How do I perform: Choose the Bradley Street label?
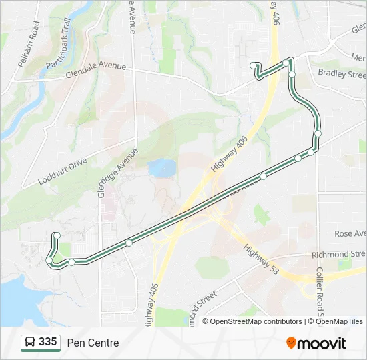(342, 73)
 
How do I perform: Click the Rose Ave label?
(350, 234)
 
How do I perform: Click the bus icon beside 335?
(30, 343)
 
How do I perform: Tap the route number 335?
(47, 342)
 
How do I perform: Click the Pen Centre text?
(93, 343)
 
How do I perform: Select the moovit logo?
(316, 343)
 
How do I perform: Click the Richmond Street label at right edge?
(340, 255)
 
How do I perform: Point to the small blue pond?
(162, 167)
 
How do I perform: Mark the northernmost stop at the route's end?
(254, 65)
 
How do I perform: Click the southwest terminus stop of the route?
(57, 235)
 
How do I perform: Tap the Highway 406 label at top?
(275, 13)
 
